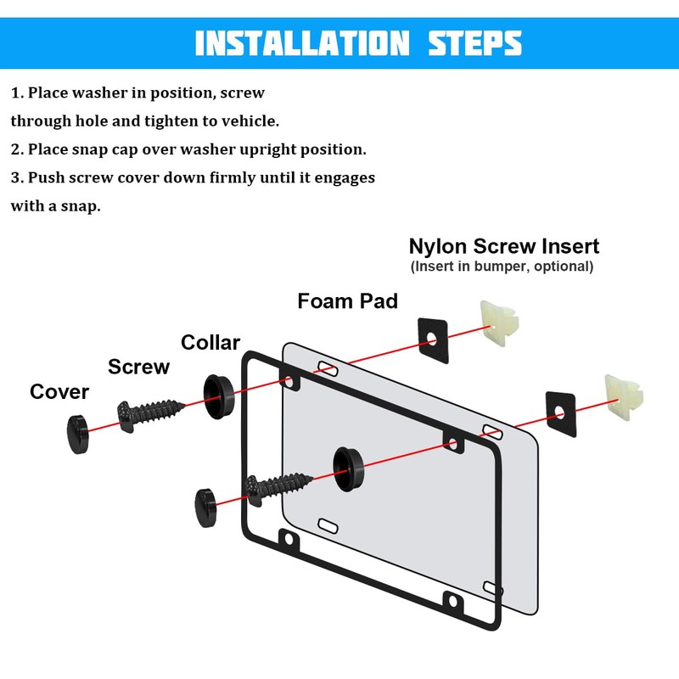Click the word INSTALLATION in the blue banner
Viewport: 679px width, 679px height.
pos(302,43)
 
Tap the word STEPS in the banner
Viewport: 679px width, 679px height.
pos(475,43)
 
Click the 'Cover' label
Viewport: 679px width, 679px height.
pos(59,392)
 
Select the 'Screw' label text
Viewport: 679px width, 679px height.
pos(138,367)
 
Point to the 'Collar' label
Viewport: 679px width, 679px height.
pos(210,343)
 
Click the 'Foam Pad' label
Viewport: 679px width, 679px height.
pos(348,301)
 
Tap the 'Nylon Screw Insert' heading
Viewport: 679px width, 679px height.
pos(504,246)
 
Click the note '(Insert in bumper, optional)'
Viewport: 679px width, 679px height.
pos(502,267)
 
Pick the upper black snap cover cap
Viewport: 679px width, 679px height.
pos(78,435)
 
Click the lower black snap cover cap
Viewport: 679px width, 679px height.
pos(206,508)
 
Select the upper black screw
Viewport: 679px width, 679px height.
pos(150,415)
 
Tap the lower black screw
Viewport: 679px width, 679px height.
pos(278,490)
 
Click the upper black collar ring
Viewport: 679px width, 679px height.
pos(219,396)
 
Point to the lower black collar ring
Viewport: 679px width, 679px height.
pos(348,469)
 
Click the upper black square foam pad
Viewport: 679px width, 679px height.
pos(433,341)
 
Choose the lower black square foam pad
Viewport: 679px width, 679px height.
pos(561,414)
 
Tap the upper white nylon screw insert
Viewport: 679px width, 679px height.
pos(499,323)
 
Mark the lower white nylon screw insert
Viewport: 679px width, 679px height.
pos(624,397)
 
